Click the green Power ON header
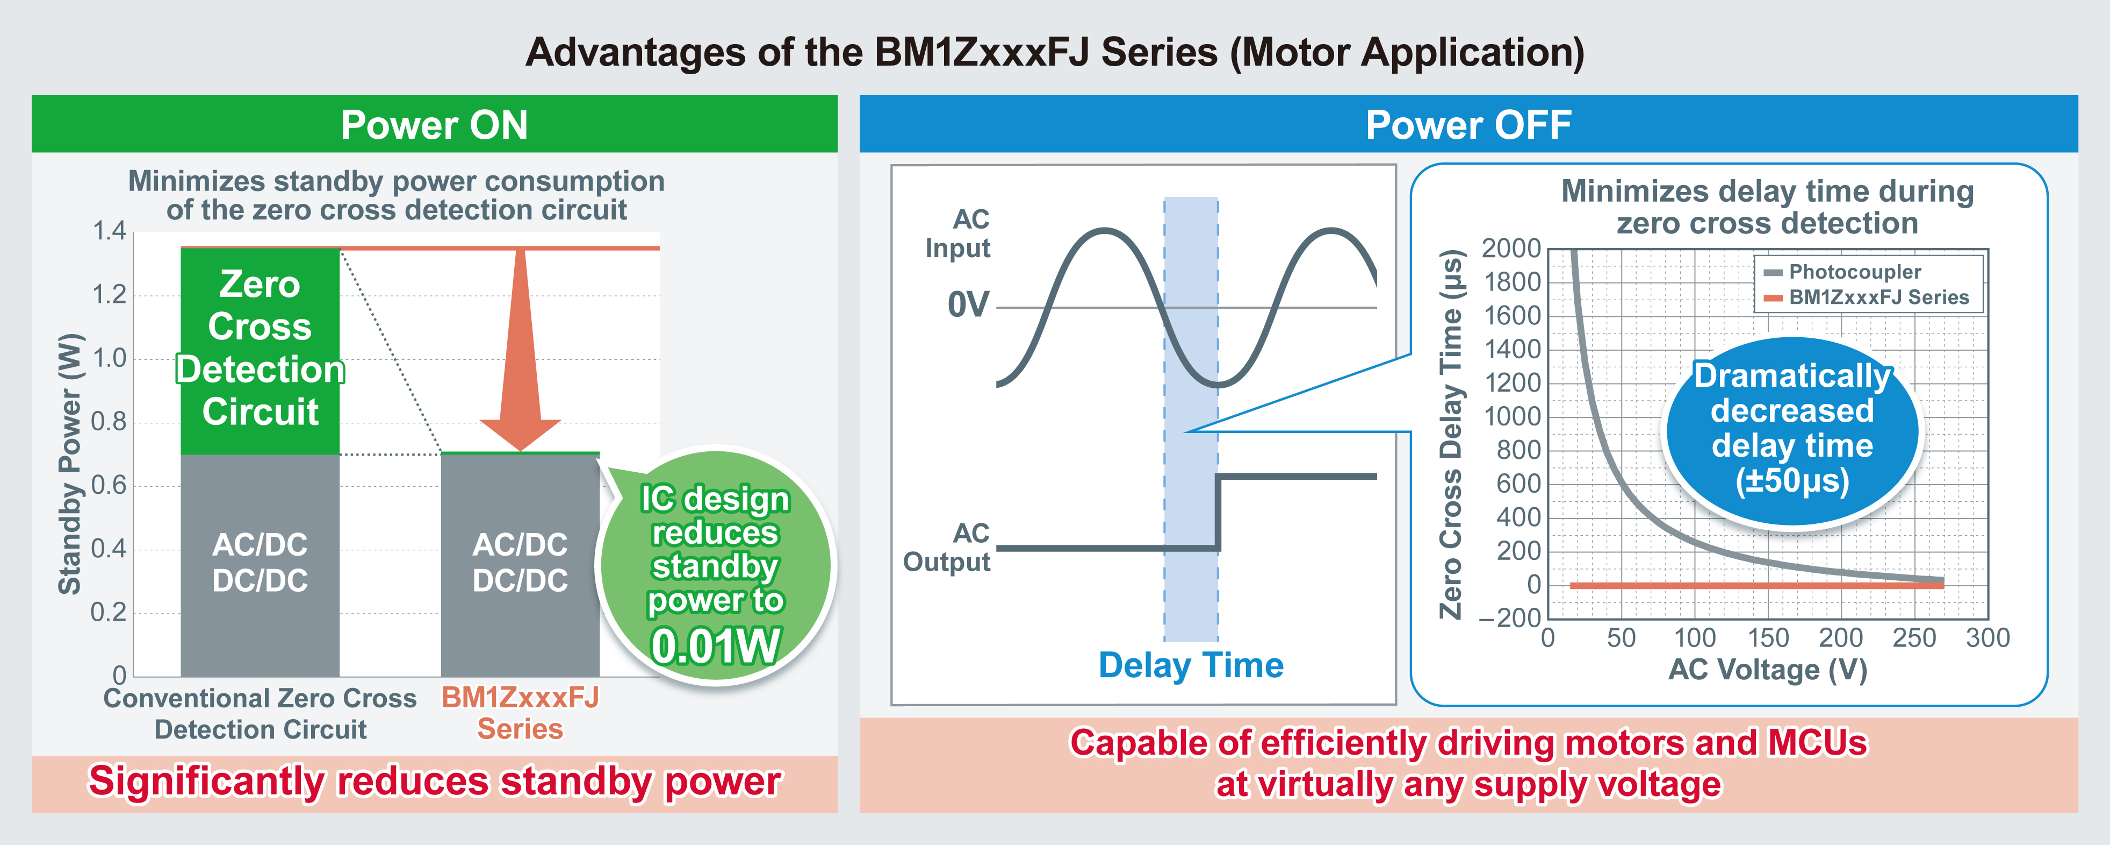click(434, 125)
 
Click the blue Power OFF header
click(1468, 125)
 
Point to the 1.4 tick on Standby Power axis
click(110, 231)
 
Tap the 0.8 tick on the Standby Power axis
click(110, 422)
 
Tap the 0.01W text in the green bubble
click(716, 646)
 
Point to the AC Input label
click(959, 233)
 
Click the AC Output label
click(948, 548)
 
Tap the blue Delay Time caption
click(1191, 665)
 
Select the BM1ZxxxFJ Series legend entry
click(1877, 297)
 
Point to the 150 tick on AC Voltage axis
click(1768, 637)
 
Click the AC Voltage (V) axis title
click(1768, 670)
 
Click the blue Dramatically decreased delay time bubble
click(1792, 430)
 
